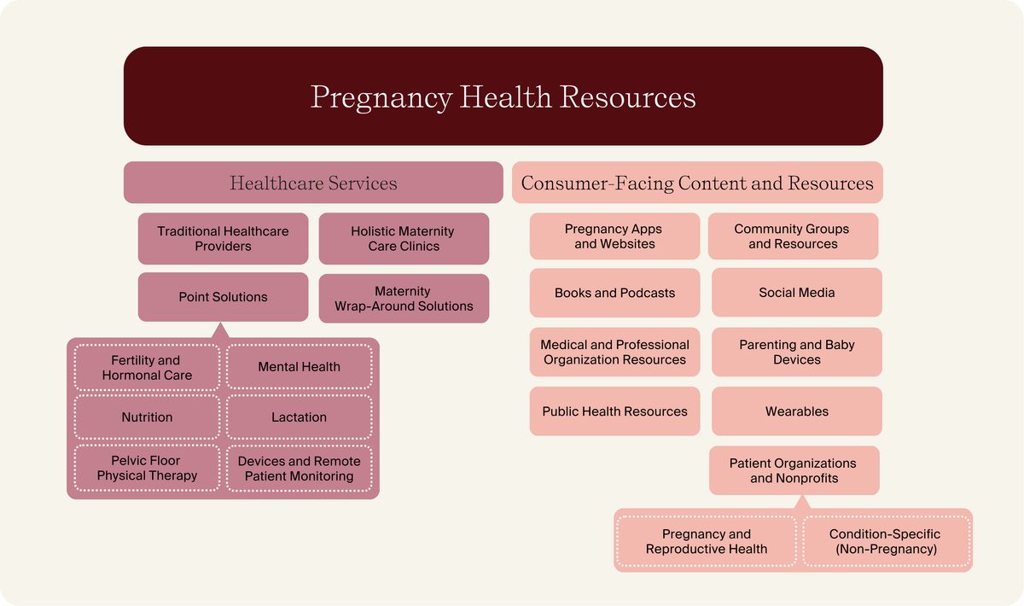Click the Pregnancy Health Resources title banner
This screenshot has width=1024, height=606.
click(503, 96)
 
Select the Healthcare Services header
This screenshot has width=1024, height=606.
click(313, 183)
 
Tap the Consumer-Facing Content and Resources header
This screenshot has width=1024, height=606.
click(697, 183)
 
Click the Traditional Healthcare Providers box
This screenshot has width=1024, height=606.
click(223, 238)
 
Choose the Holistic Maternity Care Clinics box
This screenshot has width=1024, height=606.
click(404, 238)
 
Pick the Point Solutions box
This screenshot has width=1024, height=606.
click(223, 297)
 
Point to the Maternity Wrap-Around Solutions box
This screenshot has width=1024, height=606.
click(404, 298)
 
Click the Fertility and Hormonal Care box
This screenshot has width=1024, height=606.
click(147, 367)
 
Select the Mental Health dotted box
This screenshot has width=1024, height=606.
click(299, 367)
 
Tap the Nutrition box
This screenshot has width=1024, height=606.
click(147, 417)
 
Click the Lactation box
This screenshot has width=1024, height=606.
click(299, 417)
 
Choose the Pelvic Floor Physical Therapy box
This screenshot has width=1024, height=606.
click(147, 468)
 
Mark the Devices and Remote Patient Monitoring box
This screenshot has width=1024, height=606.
click(299, 468)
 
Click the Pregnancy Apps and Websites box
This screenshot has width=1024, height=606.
click(614, 236)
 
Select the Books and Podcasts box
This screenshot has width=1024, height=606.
click(614, 293)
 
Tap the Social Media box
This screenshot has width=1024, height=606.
click(796, 293)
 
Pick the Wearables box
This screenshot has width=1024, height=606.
click(796, 411)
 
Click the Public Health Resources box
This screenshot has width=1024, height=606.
click(614, 411)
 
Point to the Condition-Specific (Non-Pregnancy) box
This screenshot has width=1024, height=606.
click(885, 541)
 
